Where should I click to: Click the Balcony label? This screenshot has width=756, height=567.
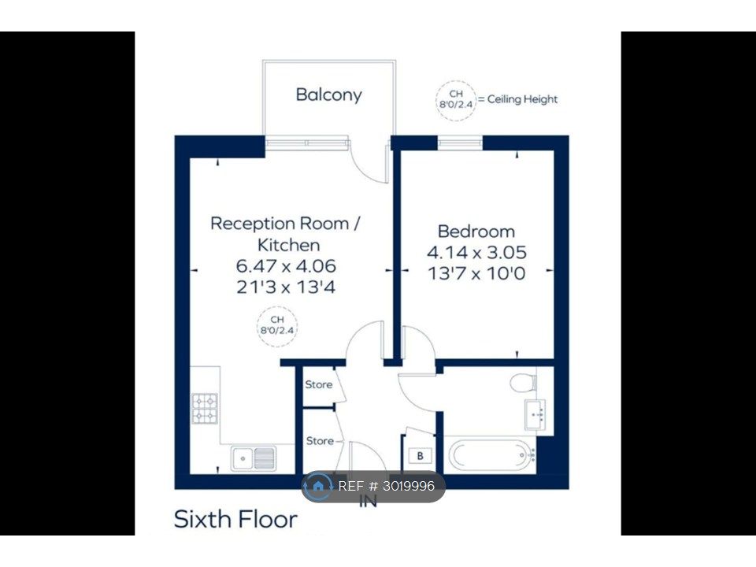tap(329, 95)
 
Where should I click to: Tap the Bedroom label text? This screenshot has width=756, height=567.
tap(476, 232)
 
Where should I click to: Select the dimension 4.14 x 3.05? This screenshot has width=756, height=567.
tap(476, 253)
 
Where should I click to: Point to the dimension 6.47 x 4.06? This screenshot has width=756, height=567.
tap(286, 266)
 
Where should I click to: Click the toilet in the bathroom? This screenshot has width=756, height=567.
tap(524, 383)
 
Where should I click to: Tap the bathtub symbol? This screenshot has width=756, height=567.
tap(492, 454)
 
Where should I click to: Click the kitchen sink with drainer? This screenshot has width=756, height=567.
tap(254, 458)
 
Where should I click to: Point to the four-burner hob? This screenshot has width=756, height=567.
tap(205, 409)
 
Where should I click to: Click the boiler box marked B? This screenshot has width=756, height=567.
tap(421, 456)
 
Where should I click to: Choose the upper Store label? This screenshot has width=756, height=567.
tap(319, 385)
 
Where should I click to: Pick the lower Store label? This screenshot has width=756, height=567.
tap(321, 441)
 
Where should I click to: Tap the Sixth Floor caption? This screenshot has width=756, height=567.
tap(235, 519)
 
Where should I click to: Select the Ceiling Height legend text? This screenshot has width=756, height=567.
tap(522, 99)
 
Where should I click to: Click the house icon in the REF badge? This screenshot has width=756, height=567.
tap(317, 486)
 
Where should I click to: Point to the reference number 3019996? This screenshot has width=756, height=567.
tap(409, 486)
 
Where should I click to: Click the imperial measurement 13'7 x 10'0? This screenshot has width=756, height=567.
tap(476, 274)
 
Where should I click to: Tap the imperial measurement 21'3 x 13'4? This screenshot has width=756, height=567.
tap(286, 287)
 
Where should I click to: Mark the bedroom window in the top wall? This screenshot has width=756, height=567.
tap(460, 142)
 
